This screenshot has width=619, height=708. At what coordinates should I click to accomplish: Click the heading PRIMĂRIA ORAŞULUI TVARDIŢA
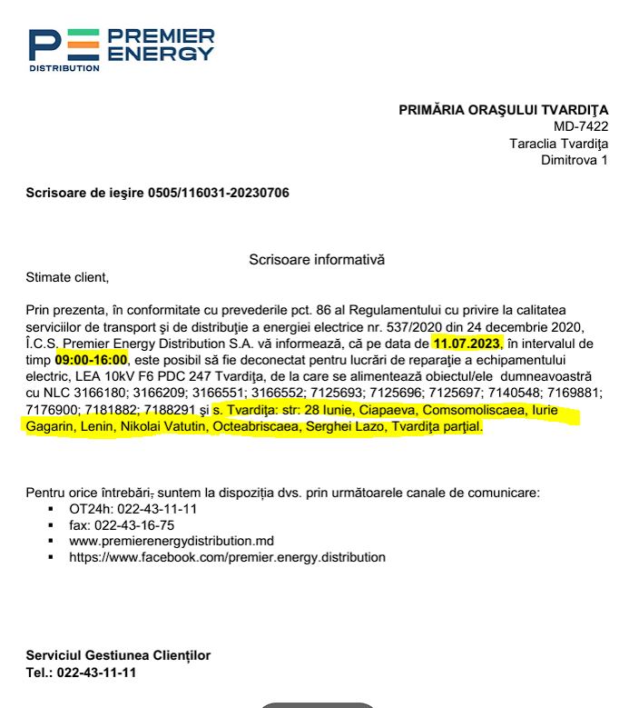(x=504, y=110)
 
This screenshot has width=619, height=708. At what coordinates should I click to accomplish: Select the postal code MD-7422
(x=581, y=126)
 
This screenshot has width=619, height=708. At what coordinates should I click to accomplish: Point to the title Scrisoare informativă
(x=317, y=260)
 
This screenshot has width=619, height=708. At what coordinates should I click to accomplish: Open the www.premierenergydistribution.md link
(x=172, y=542)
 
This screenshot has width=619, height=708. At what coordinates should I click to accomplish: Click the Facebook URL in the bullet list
(x=227, y=557)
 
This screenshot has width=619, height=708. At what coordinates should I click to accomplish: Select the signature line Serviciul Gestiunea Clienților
(x=118, y=655)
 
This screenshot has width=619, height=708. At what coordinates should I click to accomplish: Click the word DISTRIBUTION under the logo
(x=64, y=68)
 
